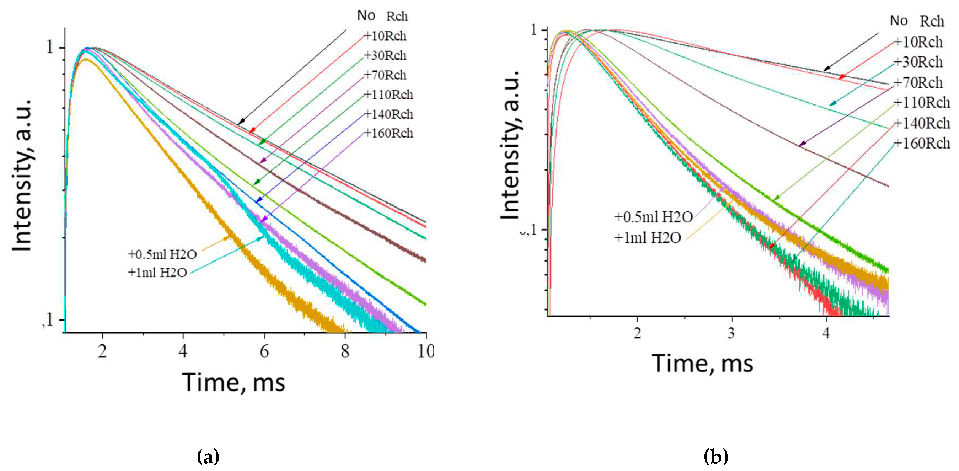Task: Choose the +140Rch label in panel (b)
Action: (922, 123)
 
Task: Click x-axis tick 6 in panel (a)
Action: (264, 351)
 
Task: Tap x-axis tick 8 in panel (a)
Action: (345, 351)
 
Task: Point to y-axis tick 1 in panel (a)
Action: (50, 47)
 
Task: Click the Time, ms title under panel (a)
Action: (233, 382)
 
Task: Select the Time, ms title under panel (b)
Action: (702, 364)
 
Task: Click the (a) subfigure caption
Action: (208, 456)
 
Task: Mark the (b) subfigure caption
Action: (716, 456)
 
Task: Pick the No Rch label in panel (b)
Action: (917, 21)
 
